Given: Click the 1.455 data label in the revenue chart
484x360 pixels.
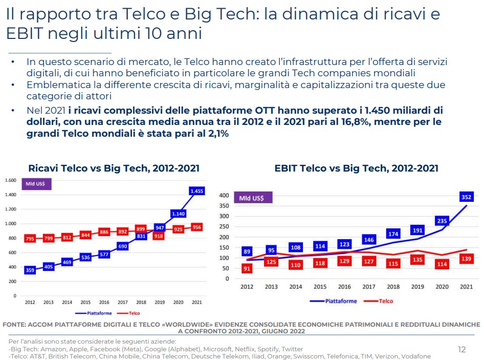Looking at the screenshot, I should point(196,191).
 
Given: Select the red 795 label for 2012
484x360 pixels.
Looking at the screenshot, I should point(30,238).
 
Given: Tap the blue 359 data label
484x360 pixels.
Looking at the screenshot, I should point(30,270).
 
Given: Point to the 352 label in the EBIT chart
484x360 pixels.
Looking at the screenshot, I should point(466,196).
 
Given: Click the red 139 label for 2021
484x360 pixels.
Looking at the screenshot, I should point(466,260).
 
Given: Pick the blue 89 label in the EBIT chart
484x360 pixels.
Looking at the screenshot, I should point(247,251).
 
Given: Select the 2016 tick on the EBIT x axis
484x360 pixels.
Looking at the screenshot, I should point(344,287).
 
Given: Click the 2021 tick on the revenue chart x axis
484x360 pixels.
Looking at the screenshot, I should point(196,303).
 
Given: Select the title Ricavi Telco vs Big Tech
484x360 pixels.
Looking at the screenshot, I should point(114,168).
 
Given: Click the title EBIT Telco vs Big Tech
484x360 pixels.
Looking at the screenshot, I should point(356,168).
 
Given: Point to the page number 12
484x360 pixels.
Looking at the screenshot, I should point(461,350).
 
